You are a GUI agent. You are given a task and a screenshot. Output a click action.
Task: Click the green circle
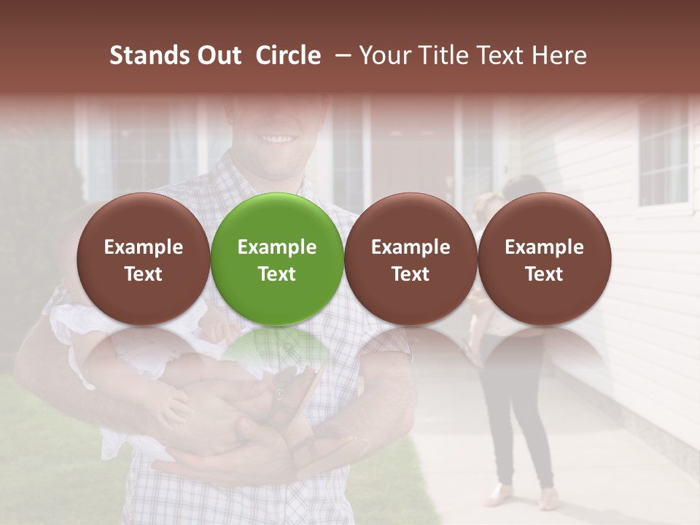(x=277, y=259)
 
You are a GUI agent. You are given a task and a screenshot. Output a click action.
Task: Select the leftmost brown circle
(x=143, y=259)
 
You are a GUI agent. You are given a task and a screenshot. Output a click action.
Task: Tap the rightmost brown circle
(x=544, y=259)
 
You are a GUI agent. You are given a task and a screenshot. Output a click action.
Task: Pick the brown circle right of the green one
(x=411, y=259)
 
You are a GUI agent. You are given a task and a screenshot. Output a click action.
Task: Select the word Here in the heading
(x=559, y=55)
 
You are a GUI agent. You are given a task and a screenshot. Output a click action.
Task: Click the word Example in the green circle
(x=277, y=247)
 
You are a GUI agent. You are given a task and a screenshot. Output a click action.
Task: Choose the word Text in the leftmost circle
(x=143, y=274)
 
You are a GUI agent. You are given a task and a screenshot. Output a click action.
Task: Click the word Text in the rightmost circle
(x=544, y=274)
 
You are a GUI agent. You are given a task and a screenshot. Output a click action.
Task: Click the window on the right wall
(x=664, y=153)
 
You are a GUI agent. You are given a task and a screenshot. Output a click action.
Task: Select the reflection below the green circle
(x=277, y=350)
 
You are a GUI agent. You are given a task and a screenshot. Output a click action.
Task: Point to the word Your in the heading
(x=383, y=55)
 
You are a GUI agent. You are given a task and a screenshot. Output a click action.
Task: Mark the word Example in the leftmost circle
(x=143, y=247)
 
